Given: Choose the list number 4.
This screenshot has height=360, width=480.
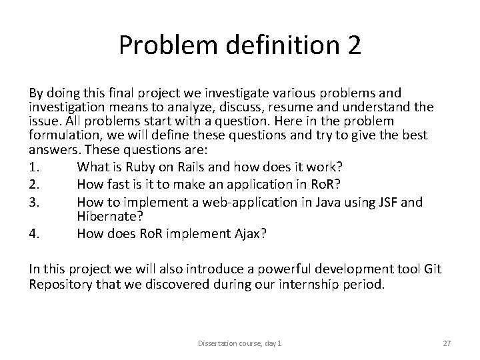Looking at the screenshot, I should [x=33, y=233].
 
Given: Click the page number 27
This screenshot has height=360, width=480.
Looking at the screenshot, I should [x=447, y=342].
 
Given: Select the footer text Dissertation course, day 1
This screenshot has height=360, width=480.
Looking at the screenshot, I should [x=239, y=342].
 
